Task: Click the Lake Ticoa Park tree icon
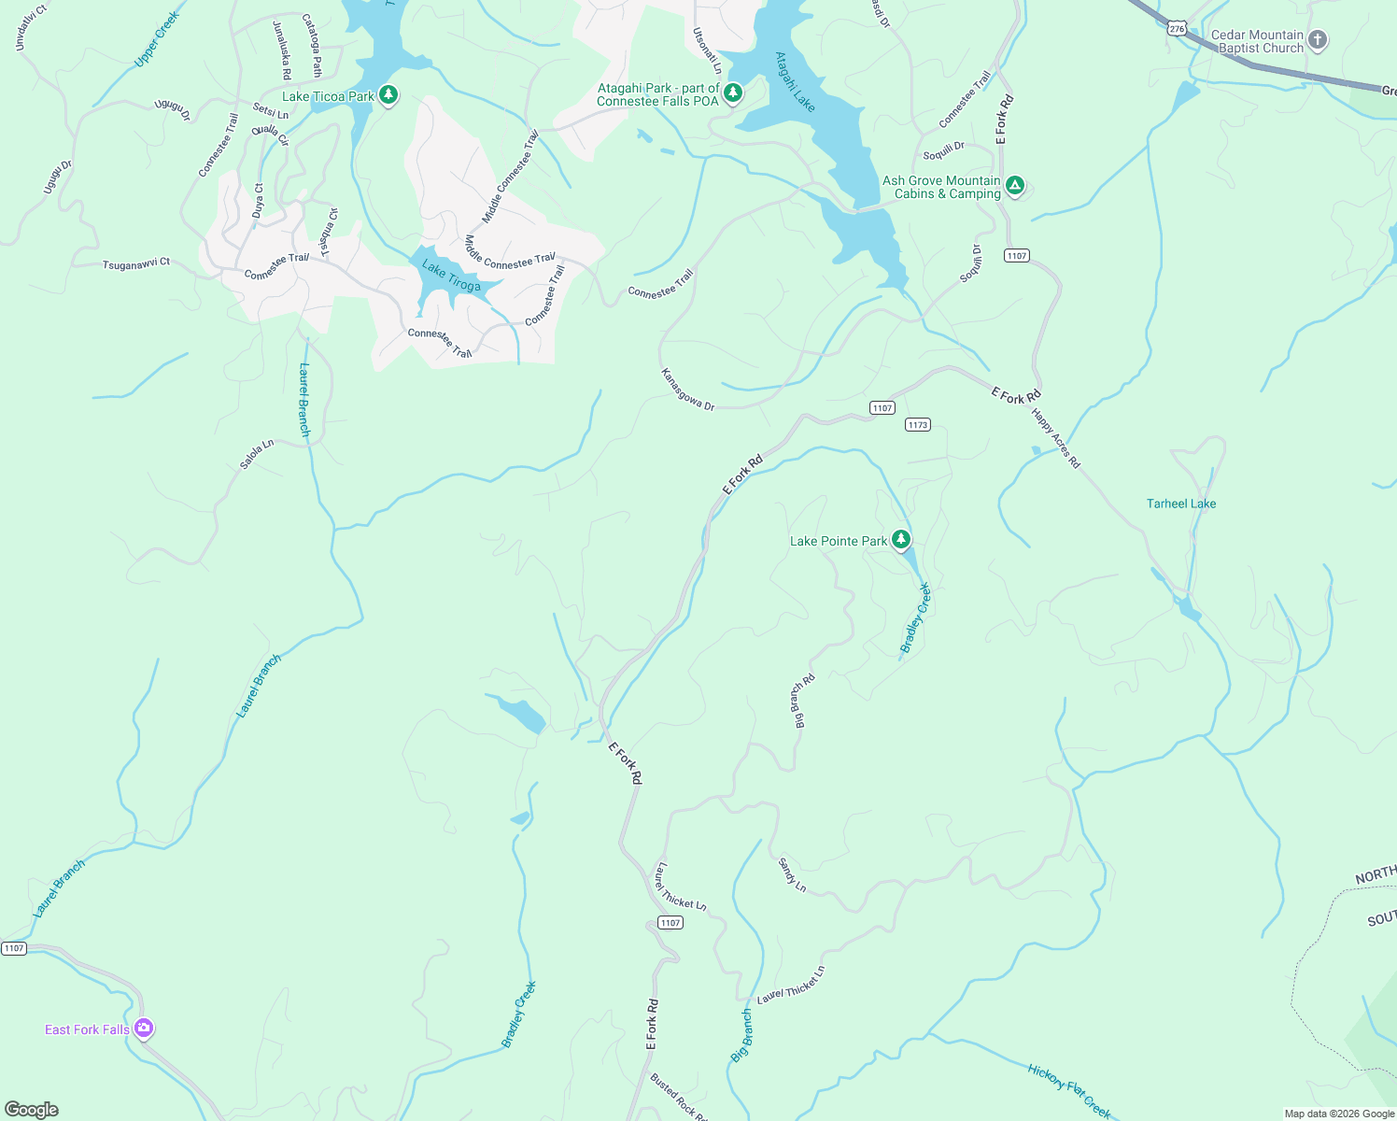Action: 388,95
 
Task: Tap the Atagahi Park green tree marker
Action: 733,93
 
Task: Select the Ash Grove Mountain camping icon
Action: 1015,186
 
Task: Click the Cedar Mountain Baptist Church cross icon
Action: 1318,39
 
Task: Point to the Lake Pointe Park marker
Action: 900,539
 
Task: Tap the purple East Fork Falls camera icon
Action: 144,1029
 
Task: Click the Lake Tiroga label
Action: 451,277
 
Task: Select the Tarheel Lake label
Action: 1180,504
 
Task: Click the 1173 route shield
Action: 917,424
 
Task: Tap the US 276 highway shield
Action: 1177,29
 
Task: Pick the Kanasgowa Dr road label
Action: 688,390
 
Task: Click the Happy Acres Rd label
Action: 1055,438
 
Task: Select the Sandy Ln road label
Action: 792,875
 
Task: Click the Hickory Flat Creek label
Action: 1069,1090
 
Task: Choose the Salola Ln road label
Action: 257,454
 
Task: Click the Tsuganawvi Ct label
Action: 136,264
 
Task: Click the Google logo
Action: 31,1110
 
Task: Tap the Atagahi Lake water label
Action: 795,82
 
